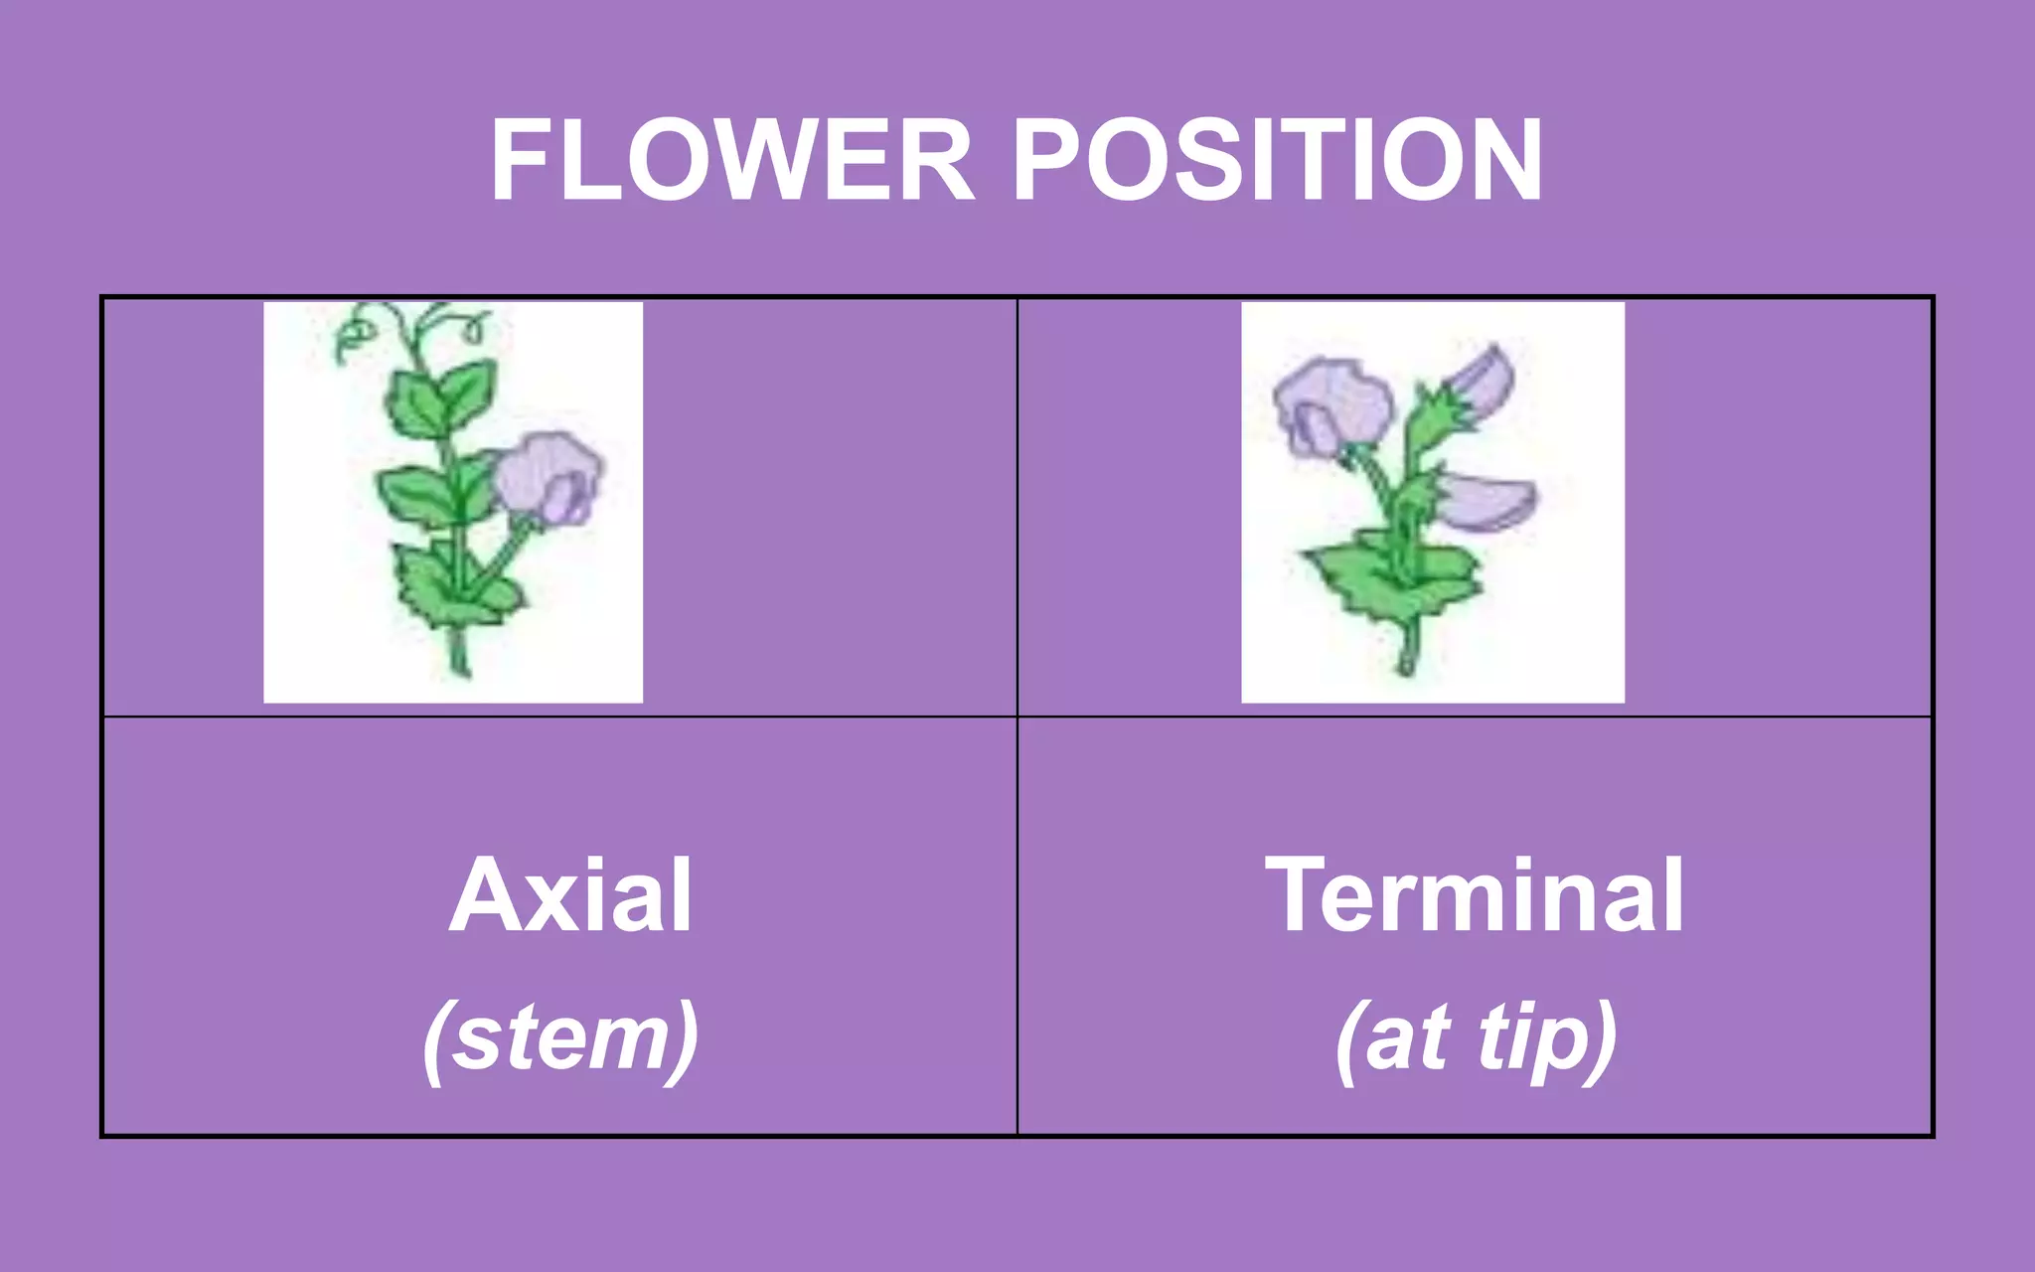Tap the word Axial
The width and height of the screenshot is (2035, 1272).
(x=570, y=895)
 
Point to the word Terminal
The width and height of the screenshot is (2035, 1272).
(x=1475, y=895)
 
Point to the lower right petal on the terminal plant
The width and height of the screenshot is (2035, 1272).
(x=1486, y=501)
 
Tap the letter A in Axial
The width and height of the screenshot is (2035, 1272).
(x=485, y=895)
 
